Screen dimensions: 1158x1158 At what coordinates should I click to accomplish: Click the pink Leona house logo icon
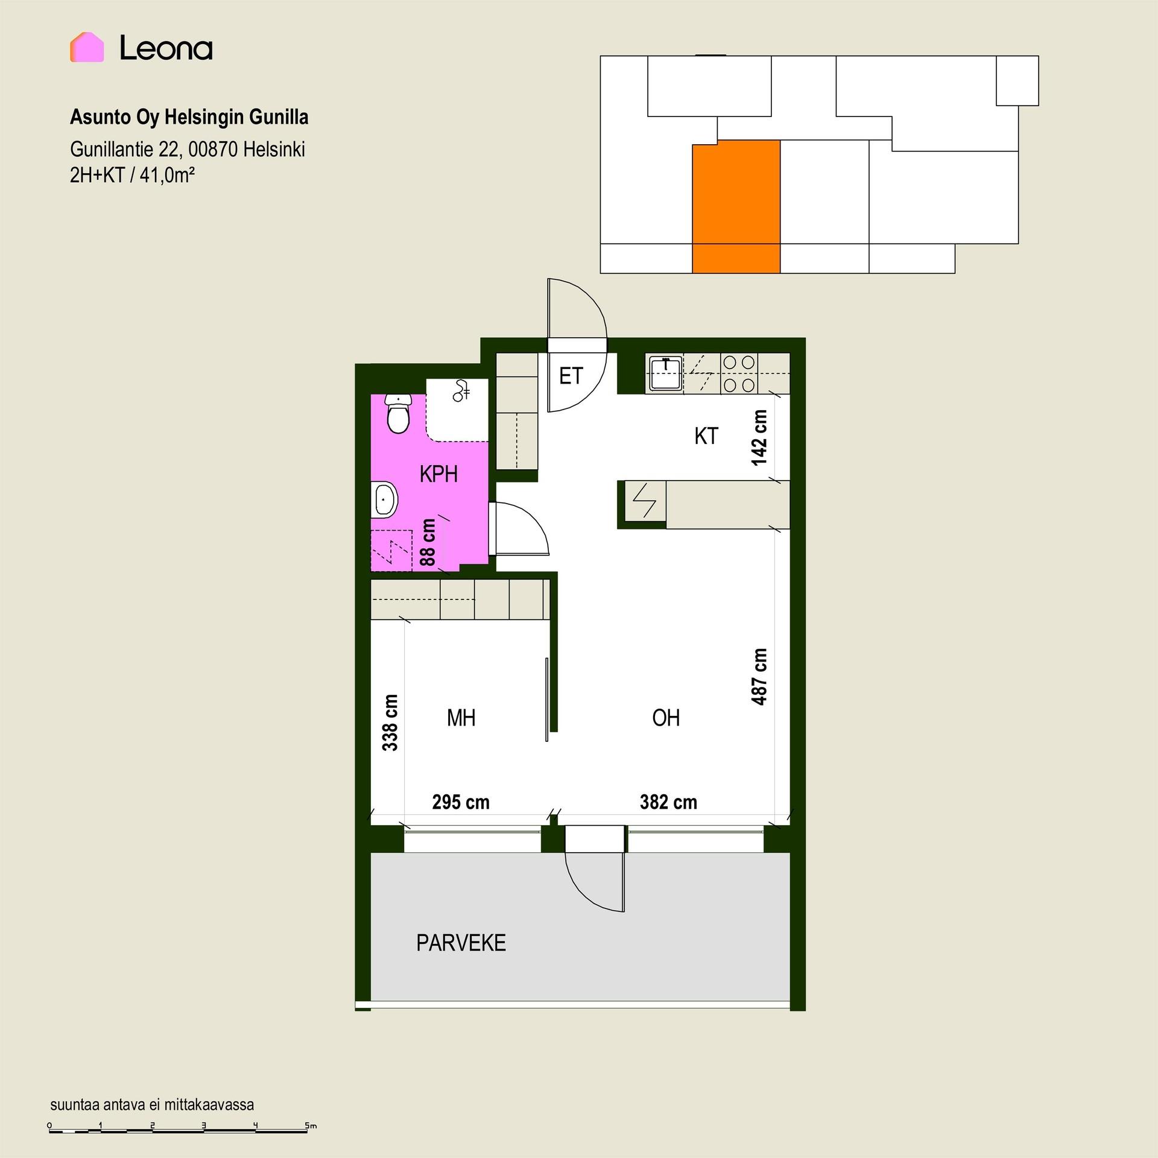pos(87,47)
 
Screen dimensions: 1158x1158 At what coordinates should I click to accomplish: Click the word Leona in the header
pos(166,48)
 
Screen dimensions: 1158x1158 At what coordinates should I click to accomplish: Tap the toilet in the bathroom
pos(397,414)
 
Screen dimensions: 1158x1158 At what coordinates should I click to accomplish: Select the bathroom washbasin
pos(384,499)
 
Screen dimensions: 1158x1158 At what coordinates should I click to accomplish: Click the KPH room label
pos(438,475)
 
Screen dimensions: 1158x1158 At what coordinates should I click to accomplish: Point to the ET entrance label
pos(571,376)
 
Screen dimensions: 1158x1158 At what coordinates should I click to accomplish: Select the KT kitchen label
pos(706,436)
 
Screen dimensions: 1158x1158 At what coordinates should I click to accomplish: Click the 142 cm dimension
pos(759,438)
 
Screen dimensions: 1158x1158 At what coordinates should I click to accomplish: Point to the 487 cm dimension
pos(759,677)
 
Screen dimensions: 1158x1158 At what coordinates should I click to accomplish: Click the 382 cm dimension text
pos(668,802)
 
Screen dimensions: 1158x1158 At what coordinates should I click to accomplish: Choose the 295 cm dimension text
pos(461,802)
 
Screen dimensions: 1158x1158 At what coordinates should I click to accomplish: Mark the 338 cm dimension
pos(390,723)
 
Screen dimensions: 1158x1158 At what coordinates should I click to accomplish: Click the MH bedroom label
pos(461,718)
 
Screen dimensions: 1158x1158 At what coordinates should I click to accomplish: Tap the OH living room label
pos(666,718)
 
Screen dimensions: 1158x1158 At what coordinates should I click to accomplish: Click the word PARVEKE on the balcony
pos(461,943)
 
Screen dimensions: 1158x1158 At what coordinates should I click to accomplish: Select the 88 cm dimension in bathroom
pos(427,542)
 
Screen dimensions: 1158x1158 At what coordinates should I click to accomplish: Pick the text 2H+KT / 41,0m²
pos(132,175)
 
